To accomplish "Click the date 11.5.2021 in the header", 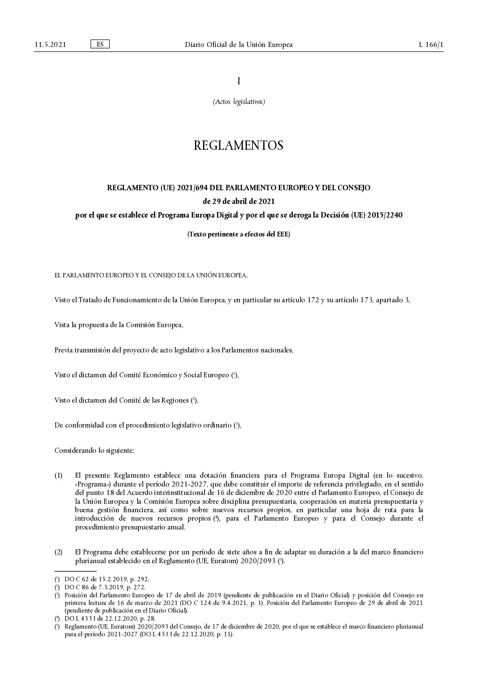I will (50, 45).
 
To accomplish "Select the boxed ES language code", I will (100, 44).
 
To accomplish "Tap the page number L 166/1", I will (431, 45).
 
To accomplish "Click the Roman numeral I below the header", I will (239, 81).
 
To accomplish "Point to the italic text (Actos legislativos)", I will (239, 102).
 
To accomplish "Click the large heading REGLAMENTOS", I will (239, 145).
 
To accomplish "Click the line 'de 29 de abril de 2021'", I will (239, 201).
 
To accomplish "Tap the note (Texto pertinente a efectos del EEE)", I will (239, 234).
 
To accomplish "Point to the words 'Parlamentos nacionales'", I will (257, 350).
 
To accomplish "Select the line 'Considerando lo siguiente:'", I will (94, 450).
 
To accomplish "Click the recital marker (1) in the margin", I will (59, 476).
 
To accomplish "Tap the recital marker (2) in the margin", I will (59, 552).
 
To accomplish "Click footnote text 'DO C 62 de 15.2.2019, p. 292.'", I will (106, 579).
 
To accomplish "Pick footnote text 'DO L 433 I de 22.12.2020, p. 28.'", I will (110, 619).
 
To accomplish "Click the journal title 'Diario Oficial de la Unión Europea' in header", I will (239, 45).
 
